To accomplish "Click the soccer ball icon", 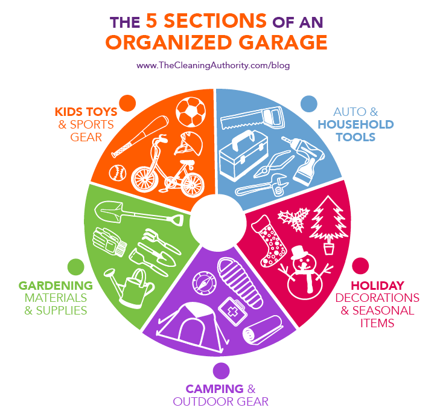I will coord(191,112).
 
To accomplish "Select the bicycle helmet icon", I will coord(188,146).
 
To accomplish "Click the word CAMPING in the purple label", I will coord(211,388).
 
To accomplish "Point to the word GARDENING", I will coord(56,285).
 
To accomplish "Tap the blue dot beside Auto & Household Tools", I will coord(309,103).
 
